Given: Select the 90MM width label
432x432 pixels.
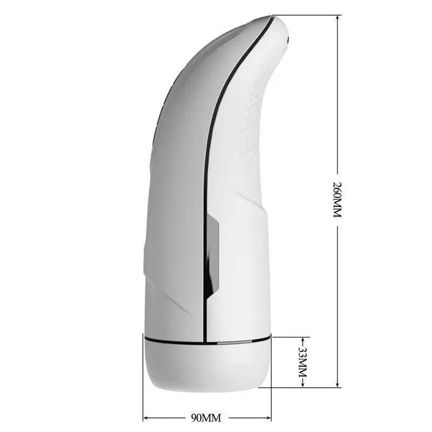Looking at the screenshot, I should coord(207,417).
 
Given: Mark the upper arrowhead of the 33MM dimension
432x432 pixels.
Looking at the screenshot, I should coord(302,340).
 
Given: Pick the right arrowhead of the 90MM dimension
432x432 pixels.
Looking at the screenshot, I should coord(268,417).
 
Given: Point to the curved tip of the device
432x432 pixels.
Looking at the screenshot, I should coord(281,27).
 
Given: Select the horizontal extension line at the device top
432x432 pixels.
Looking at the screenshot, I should coord(308,15).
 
